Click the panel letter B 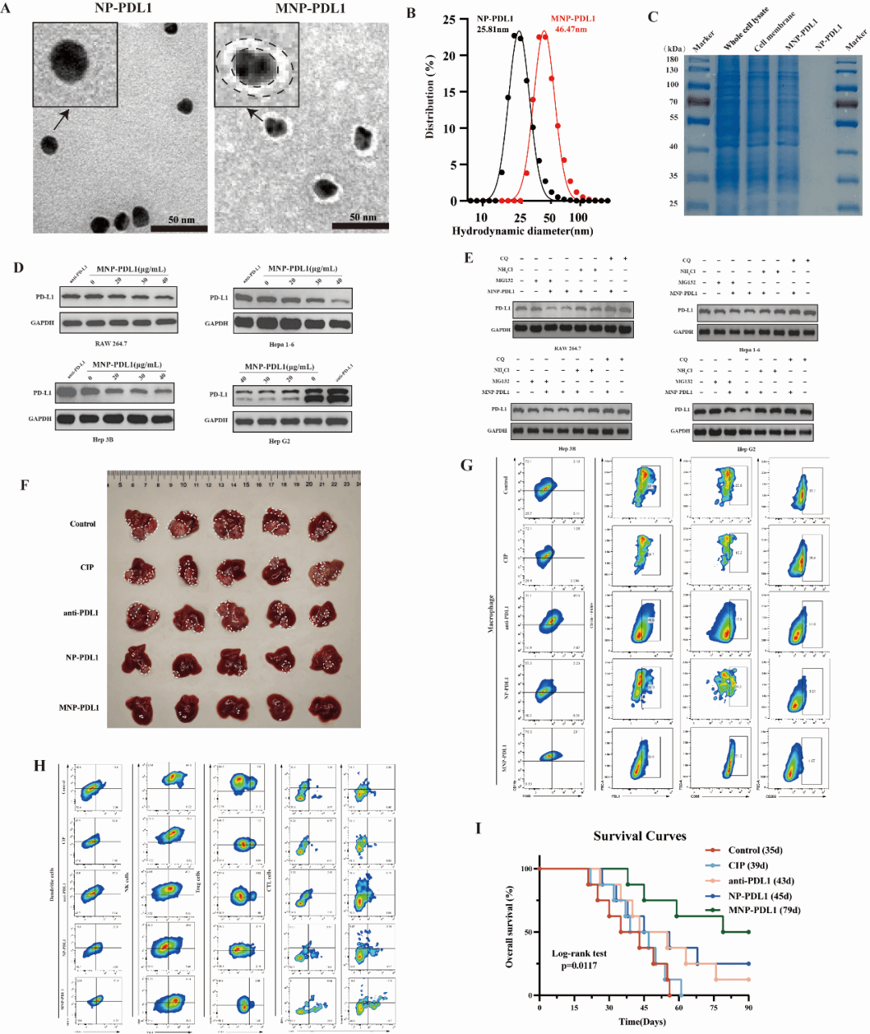click(412, 14)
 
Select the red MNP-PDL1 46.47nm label click(573, 23)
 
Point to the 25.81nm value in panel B click(492, 30)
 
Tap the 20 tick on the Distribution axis click(449, 56)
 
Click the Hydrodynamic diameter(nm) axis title click(522, 231)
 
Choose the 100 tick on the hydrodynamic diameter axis click(578, 218)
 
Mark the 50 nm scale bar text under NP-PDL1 click(181, 219)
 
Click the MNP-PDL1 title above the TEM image click(310, 9)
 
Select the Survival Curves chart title click(640, 836)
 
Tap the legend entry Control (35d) click(755, 850)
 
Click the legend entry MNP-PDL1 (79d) click(764, 911)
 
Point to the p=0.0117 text click(579, 965)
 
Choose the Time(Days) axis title click(642, 1022)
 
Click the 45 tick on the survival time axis click(644, 1007)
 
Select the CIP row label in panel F click(86, 567)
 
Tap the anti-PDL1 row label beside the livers click(81, 613)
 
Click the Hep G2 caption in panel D click(280, 442)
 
